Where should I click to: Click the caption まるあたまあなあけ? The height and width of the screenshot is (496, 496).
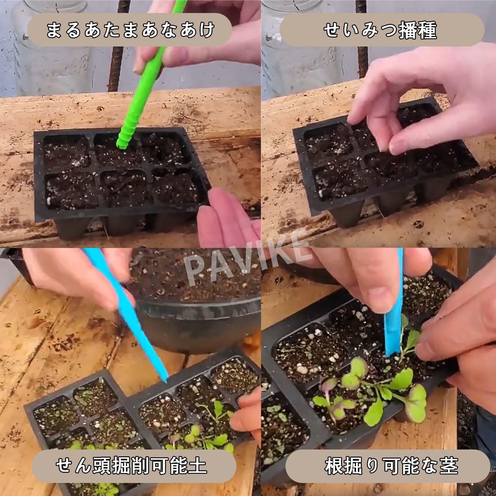coord(131,30)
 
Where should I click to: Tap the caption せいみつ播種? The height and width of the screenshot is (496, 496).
coord(381,30)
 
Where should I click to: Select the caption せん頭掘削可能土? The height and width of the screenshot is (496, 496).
coord(131,466)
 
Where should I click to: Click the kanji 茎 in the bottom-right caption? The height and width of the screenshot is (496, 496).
coord(449,466)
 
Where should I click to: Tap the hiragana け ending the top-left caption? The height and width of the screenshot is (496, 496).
coord(205,30)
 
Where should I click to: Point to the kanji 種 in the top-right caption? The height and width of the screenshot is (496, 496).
coord(428,30)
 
